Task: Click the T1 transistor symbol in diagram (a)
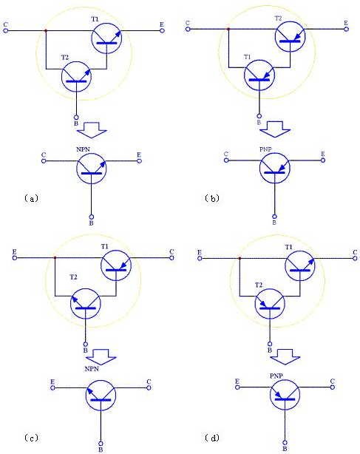(x=106, y=38)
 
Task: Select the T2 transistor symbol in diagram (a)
(x=76, y=77)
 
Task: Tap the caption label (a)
(x=31, y=198)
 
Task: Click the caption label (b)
(x=212, y=198)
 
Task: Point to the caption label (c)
(x=31, y=438)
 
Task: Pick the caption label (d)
(x=212, y=438)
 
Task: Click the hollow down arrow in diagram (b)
(x=275, y=129)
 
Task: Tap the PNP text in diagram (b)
(x=265, y=149)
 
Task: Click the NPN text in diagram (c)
(x=92, y=368)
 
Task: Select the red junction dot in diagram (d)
(x=240, y=258)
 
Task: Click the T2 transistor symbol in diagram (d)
(x=270, y=303)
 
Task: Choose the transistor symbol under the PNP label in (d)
(x=285, y=395)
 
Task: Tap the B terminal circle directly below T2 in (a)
(x=76, y=118)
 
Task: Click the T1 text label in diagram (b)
(x=247, y=57)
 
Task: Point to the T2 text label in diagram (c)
(x=73, y=277)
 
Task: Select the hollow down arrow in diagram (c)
(x=101, y=357)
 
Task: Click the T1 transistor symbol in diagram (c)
(x=116, y=265)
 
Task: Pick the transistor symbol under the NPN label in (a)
(x=92, y=169)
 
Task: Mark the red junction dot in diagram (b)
(x=228, y=29)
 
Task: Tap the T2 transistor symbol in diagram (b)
(x=291, y=36)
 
